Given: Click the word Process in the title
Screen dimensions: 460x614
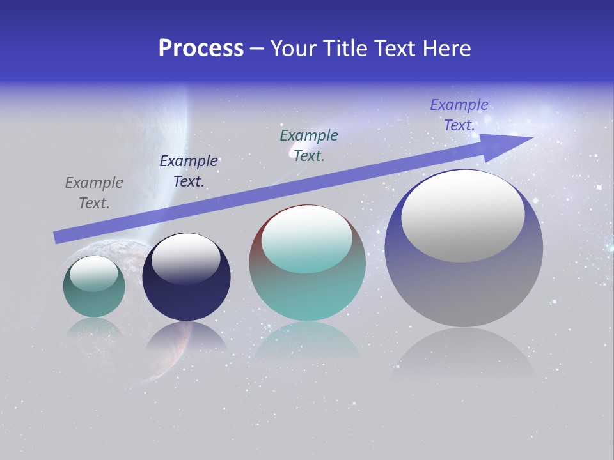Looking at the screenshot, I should coord(201,49).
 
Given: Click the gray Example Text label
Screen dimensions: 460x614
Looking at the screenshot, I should coord(94,193).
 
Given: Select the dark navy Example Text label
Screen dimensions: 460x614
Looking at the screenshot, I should coord(189,171).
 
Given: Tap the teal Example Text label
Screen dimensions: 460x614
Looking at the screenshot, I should coord(309,146).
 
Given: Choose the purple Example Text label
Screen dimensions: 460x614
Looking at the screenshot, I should coord(459,115).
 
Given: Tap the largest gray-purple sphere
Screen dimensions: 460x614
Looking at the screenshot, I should coord(464,287).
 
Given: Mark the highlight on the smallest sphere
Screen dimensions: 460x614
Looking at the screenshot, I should coord(94,273).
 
